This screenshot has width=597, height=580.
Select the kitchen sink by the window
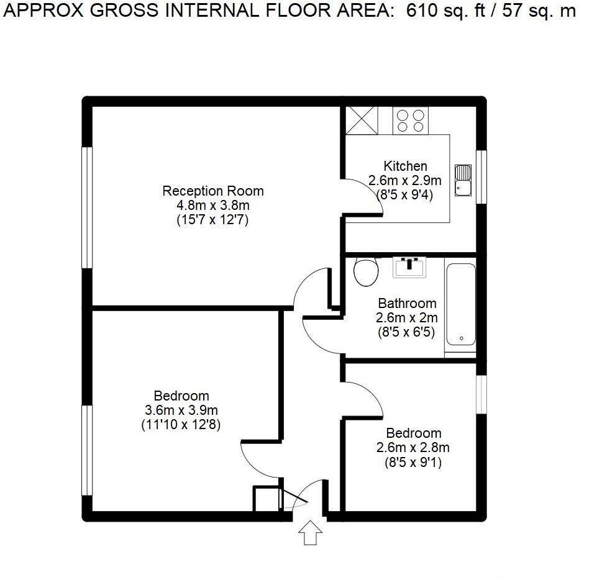click(x=463, y=180)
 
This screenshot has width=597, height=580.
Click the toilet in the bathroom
click(x=365, y=271)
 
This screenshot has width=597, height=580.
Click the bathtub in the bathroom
click(x=460, y=306)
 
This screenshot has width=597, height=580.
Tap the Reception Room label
click(x=212, y=191)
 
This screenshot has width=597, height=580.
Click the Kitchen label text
click(x=405, y=166)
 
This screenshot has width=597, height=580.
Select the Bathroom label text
click(x=407, y=304)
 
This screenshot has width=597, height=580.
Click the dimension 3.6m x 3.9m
click(x=181, y=410)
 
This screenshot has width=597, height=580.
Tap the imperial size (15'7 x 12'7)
click(x=212, y=220)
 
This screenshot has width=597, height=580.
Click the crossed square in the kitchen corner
click(x=361, y=120)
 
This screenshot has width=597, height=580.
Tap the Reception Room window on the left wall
click(x=88, y=207)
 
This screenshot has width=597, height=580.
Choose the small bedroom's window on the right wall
click(x=481, y=394)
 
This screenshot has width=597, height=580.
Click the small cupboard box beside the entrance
click(x=266, y=499)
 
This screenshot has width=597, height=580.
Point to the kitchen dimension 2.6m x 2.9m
click(x=404, y=181)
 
